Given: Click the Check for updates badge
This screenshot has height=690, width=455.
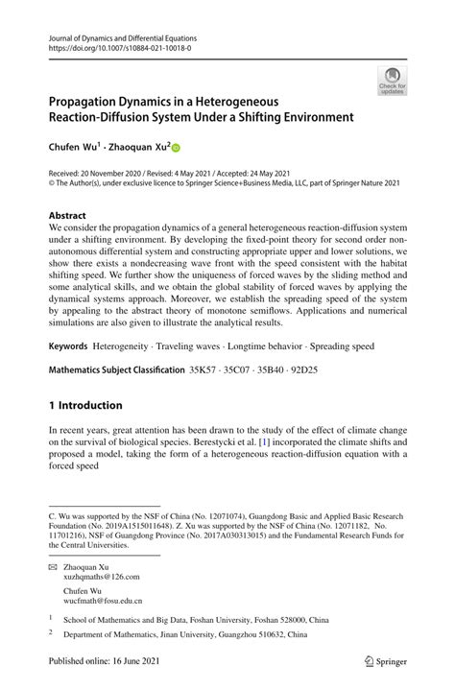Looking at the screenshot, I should pos(391,81).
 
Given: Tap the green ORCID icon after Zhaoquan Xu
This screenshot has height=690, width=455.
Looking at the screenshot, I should pos(177,148).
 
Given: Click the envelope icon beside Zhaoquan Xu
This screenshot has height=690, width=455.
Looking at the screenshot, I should pos(54,566).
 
